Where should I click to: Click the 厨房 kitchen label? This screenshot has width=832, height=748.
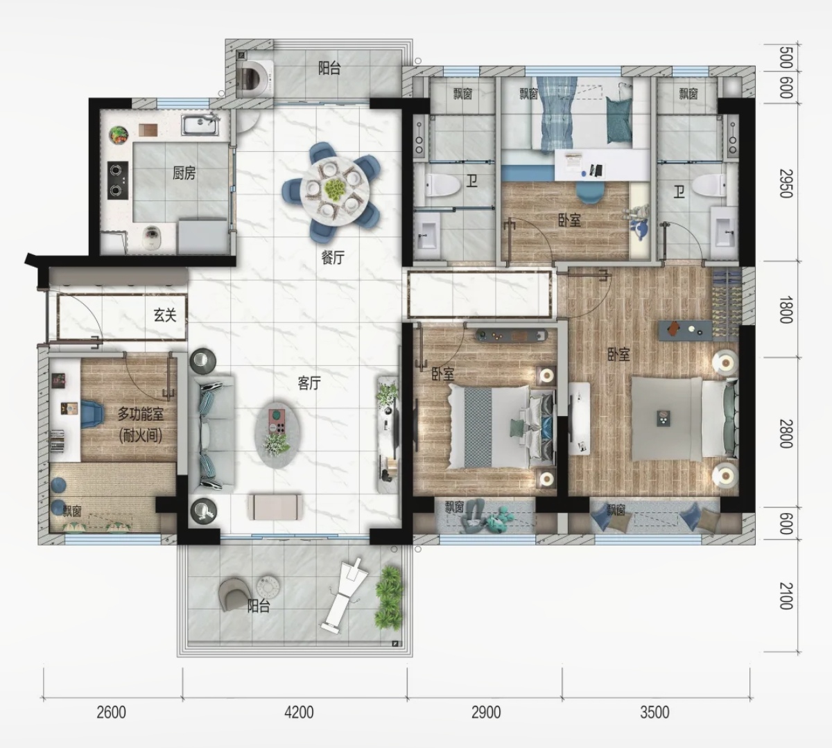click(x=184, y=173)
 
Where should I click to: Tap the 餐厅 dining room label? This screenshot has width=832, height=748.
click(x=333, y=258)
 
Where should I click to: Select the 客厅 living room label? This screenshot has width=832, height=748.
click(x=309, y=383)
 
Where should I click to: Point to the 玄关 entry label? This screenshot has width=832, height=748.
click(x=165, y=315)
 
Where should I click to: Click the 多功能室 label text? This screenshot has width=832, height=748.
click(x=141, y=414)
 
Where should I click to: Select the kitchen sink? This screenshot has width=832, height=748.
click(x=200, y=125)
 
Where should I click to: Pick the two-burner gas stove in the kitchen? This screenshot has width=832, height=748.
click(x=118, y=180)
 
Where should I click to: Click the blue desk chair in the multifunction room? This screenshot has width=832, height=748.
click(x=92, y=414)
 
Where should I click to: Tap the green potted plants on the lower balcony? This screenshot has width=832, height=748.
click(x=389, y=598)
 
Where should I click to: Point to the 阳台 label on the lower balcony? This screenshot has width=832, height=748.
click(x=259, y=607)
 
